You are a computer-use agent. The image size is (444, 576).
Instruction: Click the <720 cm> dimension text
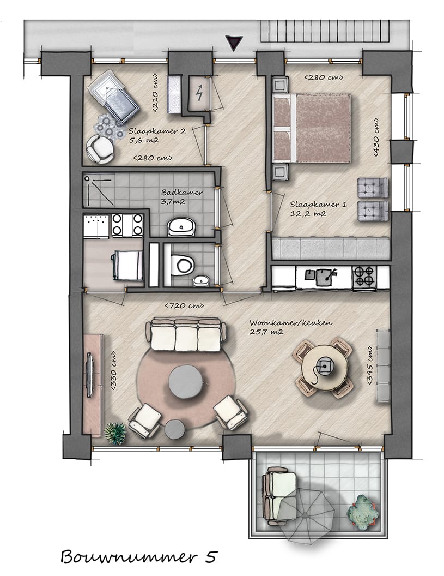coord(185,305)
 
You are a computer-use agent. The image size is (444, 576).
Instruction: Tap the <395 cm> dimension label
coord(370,365)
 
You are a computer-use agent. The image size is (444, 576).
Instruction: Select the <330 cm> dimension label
coord(114,370)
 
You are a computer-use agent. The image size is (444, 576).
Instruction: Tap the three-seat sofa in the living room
coord(185,335)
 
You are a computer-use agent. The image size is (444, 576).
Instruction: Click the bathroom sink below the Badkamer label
coord(181,226)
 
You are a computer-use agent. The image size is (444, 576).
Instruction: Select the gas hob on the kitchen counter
coord(363,277)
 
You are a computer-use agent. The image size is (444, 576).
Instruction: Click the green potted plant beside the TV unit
coord(115,433)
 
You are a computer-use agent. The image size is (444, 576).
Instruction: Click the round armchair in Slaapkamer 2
coord(100,148)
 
